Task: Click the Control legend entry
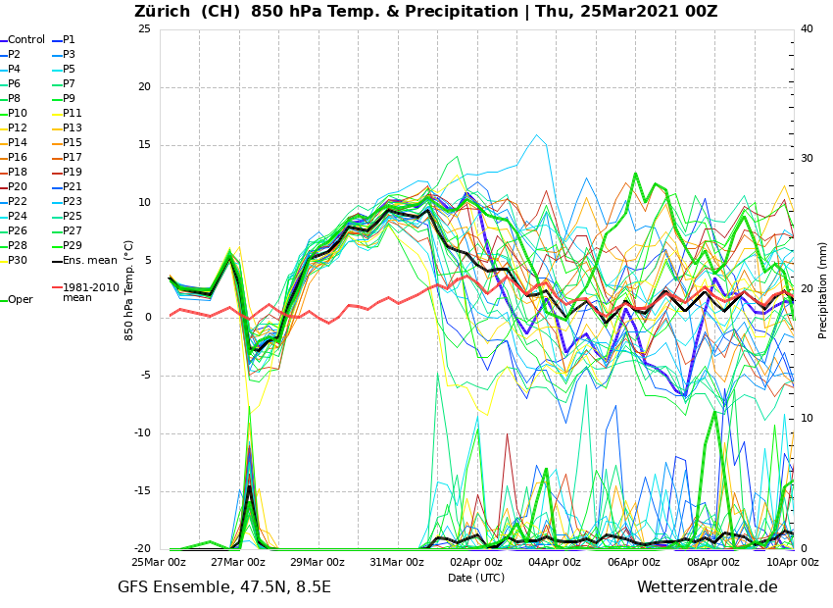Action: coord(26,40)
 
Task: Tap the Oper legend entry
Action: coord(20,300)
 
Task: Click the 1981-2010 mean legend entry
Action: coord(90,292)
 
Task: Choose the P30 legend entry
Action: coord(18,261)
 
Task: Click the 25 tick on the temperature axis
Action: coord(144,29)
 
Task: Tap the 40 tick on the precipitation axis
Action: coord(807,29)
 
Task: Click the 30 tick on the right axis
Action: coord(807,159)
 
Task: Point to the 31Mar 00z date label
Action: coord(397,563)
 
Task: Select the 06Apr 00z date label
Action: coord(634,563)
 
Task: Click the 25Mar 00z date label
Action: coord(160,563)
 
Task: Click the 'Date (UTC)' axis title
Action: coord(476,579)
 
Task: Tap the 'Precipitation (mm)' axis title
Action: coord(823,289)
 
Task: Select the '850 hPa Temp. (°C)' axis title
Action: coord(129,289)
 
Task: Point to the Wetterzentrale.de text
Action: coord(707,587)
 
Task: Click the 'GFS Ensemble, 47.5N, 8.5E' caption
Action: coord(224,587)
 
